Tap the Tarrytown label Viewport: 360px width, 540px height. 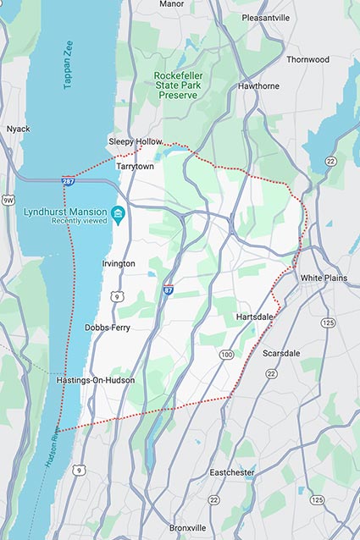click(136, 167)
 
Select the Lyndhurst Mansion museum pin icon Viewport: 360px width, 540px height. click(119, 212)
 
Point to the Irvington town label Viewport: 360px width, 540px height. click(118, 263)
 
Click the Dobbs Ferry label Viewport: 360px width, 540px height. click(108, 327)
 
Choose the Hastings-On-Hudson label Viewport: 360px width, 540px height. click(95, 381)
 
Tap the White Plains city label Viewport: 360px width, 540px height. click(326, 278)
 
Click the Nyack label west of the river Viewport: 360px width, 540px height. click(18, 129)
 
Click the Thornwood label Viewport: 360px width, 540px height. click(307, 60)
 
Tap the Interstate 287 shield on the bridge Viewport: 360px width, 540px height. click(67, 180)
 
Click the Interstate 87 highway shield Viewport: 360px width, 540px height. click(169, 289)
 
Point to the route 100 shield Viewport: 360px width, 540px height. click(226, 354)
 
